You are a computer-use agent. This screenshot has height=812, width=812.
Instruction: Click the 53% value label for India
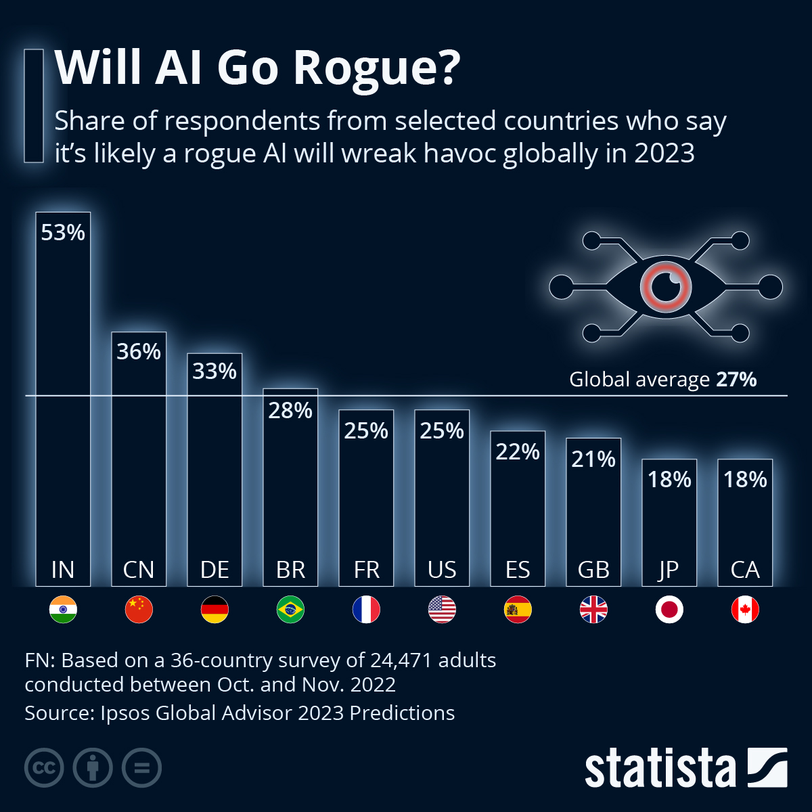click(x=63, y=233)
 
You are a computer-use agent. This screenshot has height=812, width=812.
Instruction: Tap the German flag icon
click(x=215, y=610)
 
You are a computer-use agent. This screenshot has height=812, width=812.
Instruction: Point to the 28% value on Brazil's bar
click(x=290, y=411)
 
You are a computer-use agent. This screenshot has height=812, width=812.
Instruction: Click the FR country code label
click(x=366, y=570)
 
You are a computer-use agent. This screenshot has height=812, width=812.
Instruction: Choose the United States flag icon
click(x=442, y=610)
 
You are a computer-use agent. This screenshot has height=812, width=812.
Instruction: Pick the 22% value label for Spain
click(x=518, y=452)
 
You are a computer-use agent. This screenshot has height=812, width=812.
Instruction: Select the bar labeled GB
click(x=593, y=514)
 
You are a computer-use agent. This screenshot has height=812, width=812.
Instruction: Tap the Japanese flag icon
click(x=669, y=610)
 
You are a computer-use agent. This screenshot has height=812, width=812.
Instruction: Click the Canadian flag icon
click(x=745, y=610)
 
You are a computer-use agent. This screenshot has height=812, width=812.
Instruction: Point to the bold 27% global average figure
click(x=736, y=380)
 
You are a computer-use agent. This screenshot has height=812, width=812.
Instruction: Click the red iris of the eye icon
click(x=666, y=287)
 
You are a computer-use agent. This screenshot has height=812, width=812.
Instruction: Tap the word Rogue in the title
click(x=376, y=68)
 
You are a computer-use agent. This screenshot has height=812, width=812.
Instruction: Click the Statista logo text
click(x=660, y=769)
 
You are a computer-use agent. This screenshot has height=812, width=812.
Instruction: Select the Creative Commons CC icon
click(x=44, y=769)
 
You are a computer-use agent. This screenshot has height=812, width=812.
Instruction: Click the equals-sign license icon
click(x=141, y=769)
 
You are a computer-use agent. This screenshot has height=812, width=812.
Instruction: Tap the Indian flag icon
click(x=63, y=610)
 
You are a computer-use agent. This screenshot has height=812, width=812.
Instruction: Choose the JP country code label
click(x=669, y=570)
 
